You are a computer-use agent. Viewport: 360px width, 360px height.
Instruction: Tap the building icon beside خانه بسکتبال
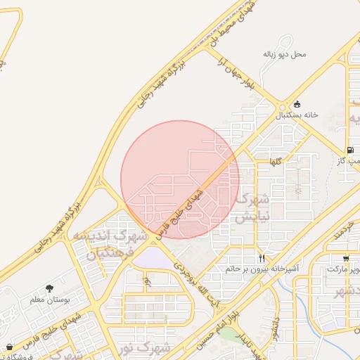tap(297, 103)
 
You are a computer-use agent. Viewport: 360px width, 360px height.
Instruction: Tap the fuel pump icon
tap(349, 150)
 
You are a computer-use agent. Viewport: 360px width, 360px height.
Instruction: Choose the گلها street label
tap(275, 162)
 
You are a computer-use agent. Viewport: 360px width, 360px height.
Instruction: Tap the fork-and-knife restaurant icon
tap(262, 258)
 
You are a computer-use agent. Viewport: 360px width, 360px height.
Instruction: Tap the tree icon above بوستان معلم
tap(49, 288)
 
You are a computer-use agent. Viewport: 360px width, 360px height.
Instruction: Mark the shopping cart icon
tap(345, 258)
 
